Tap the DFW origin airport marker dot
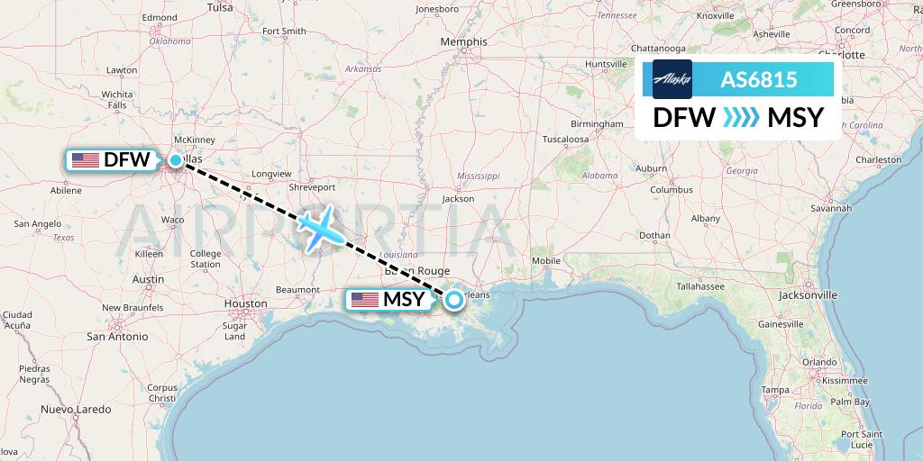(176, 160)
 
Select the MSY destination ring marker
(454, 299)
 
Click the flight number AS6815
(758, 79)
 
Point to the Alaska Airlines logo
(668, 79)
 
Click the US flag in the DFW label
(85, 160)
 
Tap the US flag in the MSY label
(365, 300)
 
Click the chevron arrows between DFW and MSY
(741, 118)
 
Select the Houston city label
(245, 304)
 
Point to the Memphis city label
(464, 41)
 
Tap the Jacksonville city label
(809, 294)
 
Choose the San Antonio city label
(117, 337)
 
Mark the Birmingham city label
(597, 123)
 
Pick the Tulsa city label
(220, 7)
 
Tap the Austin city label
(148, 279)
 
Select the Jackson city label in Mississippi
(458, 199)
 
